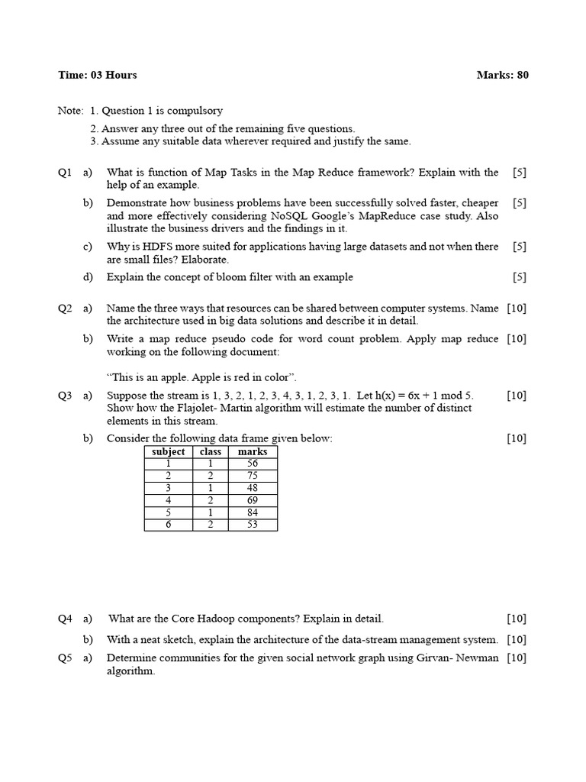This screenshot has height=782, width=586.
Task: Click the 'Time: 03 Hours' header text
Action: point(98,75)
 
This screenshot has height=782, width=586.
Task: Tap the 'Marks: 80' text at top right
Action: point(502,75)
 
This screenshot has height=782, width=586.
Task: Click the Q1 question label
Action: point(65,173)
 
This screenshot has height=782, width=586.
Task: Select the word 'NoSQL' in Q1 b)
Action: point(291,215)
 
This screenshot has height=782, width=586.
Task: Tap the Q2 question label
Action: point(65,309)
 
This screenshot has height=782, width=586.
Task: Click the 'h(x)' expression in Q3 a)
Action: point(385,396)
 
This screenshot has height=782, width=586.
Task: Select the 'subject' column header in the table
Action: point(168,451)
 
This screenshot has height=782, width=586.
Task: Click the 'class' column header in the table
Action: point(210,451)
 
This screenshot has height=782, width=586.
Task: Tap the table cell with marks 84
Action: point(253,512)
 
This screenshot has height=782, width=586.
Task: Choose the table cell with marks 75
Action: point(253,476)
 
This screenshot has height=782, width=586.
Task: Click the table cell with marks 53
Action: point(253,525)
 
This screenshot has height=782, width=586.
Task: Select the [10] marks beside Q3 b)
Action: point(517,438)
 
